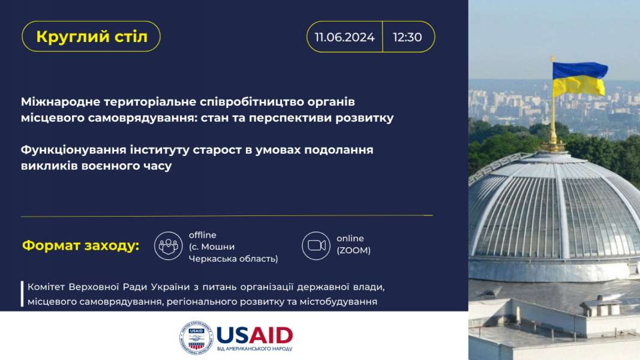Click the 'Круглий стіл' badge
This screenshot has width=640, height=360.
point(91,37)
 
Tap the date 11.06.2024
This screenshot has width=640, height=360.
point(344,37)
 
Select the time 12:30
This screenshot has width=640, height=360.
point(407,37)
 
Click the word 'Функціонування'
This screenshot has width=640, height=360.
point(74,150)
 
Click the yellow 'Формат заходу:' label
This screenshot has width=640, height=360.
point(81,246)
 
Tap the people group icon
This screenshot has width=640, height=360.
point(168,246)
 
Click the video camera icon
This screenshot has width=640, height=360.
point(316,246)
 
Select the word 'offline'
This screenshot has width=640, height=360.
point(203,235)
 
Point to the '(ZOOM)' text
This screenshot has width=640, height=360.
point(353,250)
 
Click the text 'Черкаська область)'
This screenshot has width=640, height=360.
point(233,259)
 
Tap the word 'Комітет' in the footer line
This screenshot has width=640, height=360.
point(46,287)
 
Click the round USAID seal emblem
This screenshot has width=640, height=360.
point(196,338)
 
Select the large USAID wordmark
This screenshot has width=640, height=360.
point(254,335)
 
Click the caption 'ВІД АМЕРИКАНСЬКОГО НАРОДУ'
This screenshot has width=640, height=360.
point(255,349)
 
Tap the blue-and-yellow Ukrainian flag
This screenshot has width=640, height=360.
point(579,79)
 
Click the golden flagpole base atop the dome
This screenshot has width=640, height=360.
point(553,144)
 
